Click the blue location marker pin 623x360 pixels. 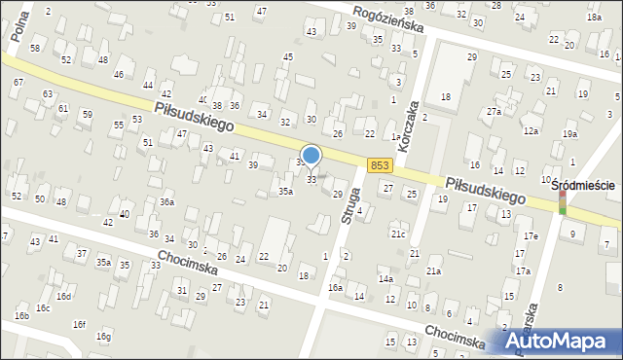(311, 156)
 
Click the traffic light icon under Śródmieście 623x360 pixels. (561, 201)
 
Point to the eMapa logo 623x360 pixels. (567, 342)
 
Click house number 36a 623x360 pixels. (167, 202)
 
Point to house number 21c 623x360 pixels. (398, 234)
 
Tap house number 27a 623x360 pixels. (495, 112)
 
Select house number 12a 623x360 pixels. (531, 130)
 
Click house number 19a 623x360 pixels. (569, 133)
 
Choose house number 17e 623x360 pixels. (531, 236)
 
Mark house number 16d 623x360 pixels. (63, 296)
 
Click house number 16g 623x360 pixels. (104, 337)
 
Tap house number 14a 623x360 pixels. (386, 279)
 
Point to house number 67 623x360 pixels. (18, 83)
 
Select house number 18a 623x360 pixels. (594, 18)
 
